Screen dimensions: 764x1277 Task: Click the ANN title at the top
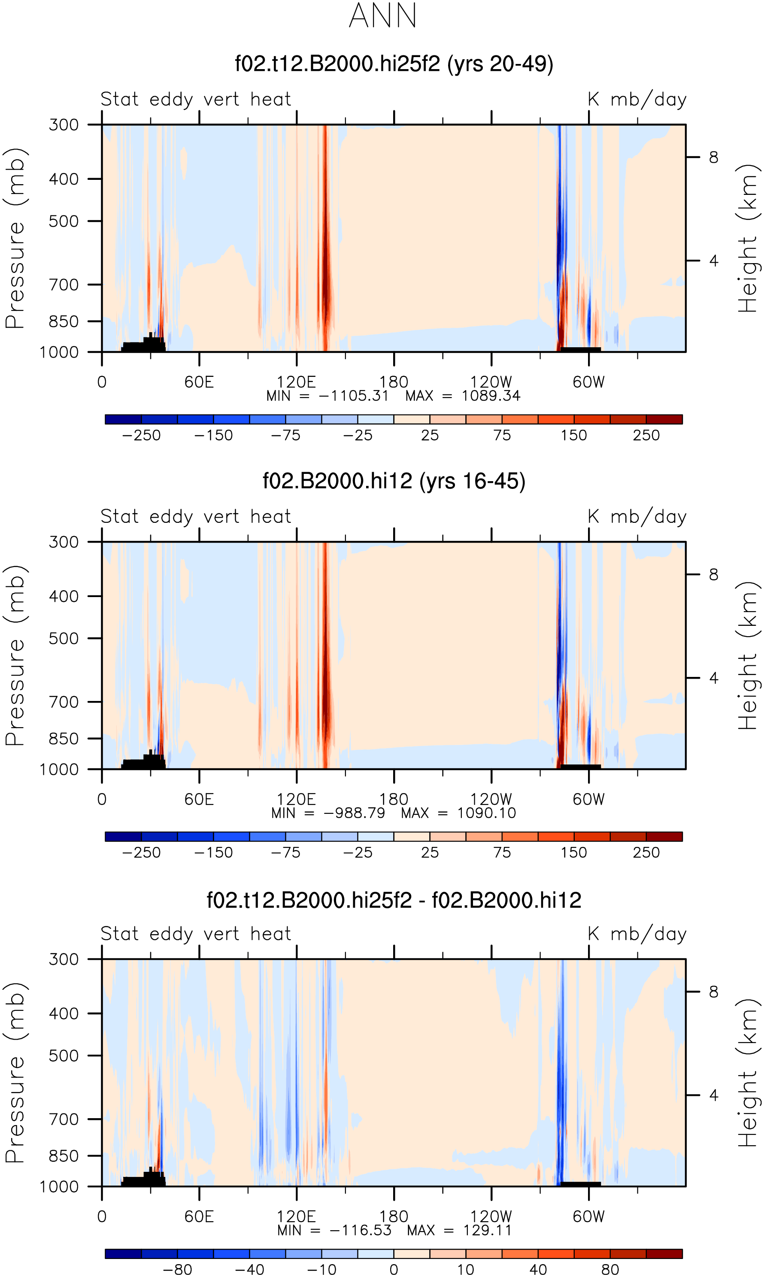click(x=382, y=15)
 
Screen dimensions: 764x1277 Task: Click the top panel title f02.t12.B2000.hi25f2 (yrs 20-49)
click(x=394, y=64)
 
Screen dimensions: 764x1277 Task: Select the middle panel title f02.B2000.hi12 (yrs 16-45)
click(x=394, y=481)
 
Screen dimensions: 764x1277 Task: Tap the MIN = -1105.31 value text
click(x=327, y=396)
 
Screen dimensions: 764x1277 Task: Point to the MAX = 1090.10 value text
click(x=458, y=813)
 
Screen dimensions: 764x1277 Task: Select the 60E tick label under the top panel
click(x=199, y=382)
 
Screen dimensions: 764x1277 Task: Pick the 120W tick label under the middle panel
click(x=491, y=799)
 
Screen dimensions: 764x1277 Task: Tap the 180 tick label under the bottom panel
click(x=394, y=1217)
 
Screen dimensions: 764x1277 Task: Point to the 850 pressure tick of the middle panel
click(x=64, y=739)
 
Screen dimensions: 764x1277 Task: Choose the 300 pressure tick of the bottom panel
click(x=64, y=959)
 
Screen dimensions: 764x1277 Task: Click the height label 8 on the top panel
click(x=713, y=157)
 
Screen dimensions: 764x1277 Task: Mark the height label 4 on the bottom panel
click(x=713, y=1095)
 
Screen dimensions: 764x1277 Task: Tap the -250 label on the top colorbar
click(x=141, y=435)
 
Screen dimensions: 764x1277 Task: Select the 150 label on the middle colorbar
click(x=573, y=853)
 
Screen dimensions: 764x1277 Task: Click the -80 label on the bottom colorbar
click(x=177, y=1270)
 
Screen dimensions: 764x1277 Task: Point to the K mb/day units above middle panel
click(x=637, y=517)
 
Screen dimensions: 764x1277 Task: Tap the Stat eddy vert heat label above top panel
click(x=196, y=99)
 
